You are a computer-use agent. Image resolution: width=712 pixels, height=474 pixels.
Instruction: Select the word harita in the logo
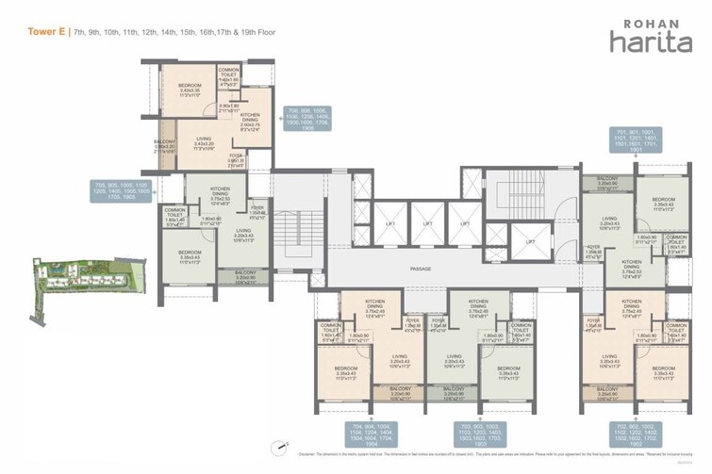click(645, 42)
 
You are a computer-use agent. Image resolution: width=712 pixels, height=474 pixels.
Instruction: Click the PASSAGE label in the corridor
click(421, 269)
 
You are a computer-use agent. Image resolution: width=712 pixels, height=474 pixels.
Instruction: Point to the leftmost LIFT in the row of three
click(389, 225)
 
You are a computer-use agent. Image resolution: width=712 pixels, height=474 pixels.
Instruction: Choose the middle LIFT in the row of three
click(427, 225)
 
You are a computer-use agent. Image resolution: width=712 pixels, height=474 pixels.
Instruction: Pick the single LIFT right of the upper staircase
click(530, 241)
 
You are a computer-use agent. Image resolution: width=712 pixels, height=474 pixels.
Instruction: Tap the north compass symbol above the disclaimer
click(279, 448)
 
